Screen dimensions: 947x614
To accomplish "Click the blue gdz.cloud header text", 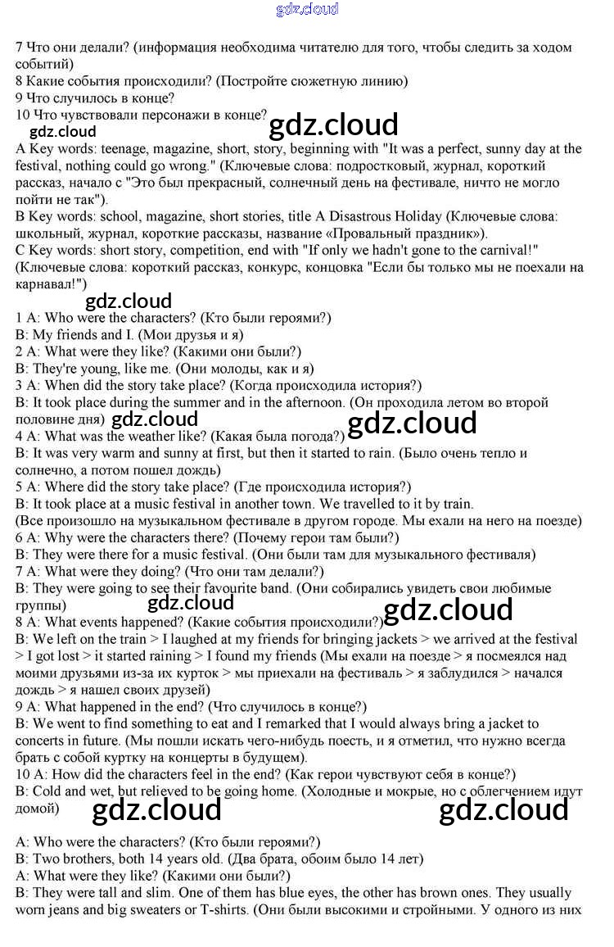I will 307,9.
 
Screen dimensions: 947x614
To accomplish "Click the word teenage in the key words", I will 123,149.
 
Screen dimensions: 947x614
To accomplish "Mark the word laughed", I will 174,639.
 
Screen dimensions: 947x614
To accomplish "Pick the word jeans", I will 68,909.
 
